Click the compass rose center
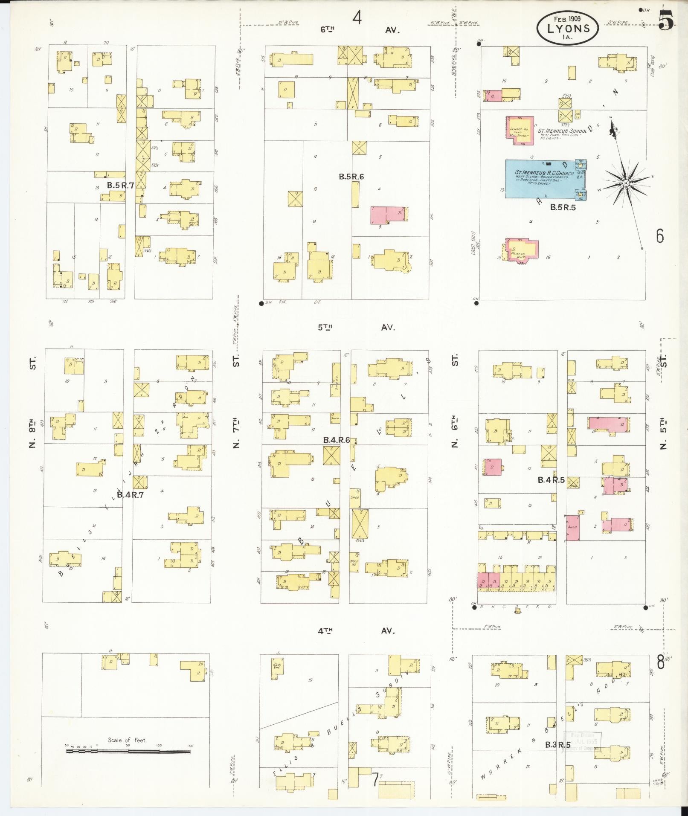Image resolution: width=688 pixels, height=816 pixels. pos(625,183)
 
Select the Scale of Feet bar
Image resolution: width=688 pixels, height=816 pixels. pos(128,751)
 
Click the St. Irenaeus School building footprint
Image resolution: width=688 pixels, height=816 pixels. pos(520,130)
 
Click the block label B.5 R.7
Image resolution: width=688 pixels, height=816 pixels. pos(120,186)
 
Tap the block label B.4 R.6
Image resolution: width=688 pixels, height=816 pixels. pos(337,440)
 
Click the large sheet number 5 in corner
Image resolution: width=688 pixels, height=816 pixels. pos(666,20)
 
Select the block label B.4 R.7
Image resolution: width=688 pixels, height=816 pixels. pos(130,495)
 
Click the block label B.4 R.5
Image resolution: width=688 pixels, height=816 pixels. pos(551,480)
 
